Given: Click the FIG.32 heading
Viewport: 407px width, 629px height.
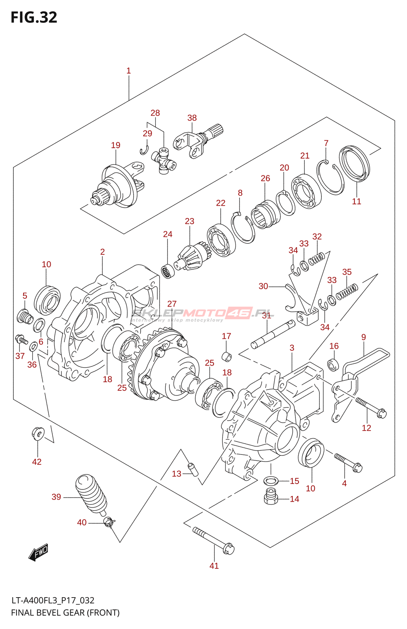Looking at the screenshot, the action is [34, 17].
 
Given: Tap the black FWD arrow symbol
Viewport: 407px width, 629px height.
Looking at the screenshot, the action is [38, 553].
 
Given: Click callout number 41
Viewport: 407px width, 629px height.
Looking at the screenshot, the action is [214, 566].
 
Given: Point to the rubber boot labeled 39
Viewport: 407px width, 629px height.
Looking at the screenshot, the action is [91, 495].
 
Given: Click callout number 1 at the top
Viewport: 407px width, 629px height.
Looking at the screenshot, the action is [128, 71].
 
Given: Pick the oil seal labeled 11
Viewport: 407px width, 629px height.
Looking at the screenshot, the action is [354, 164].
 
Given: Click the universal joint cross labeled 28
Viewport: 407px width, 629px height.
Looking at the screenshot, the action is [164, 161].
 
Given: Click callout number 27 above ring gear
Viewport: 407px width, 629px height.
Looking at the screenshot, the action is [172, 304].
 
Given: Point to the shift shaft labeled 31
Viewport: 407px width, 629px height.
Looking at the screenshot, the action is [273, 335].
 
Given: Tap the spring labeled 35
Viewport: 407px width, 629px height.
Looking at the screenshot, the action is [347, 291].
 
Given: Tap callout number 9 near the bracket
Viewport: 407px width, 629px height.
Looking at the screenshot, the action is [363, 337].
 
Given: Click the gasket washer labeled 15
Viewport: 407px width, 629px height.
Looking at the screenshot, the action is [271, 481].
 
